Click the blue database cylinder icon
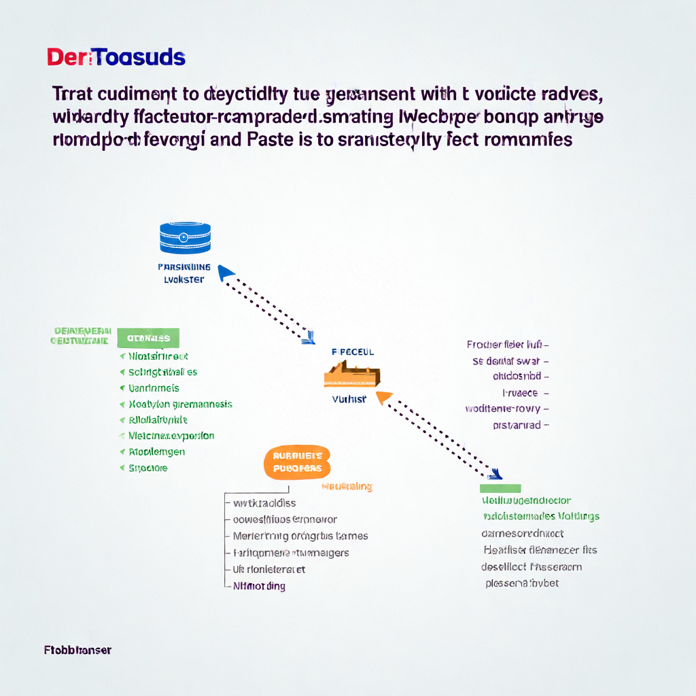coord(185,238)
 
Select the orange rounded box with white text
coord(297,463)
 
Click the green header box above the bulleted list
coord(148,338)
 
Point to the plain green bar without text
coord(500,488)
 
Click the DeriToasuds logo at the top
coord(116,58)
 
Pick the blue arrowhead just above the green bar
coord(498,474)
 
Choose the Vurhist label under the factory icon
coord(349,400)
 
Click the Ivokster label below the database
coord(184,280)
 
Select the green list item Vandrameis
coord(154,388)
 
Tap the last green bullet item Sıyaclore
coord(147,468)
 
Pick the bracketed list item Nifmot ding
coord(259,586)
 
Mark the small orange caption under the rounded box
coord(347,487)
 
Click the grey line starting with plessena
coord(522,583)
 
